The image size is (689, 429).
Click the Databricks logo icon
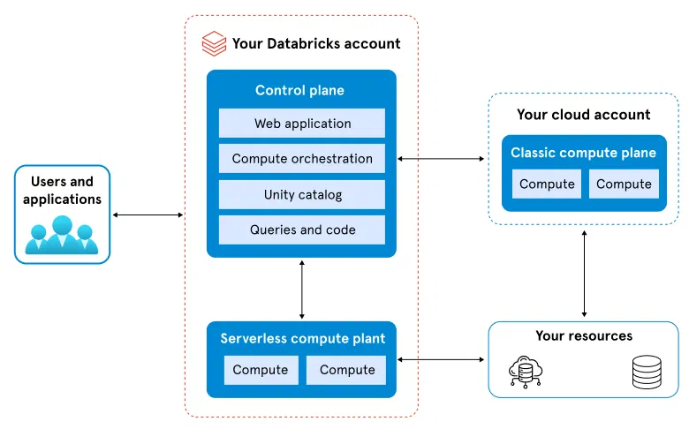click(214, 43)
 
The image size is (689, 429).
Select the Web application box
click(302, 124)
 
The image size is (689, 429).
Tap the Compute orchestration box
click(302, 159)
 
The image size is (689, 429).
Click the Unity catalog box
click(302, 194)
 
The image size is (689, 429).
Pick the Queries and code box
click(302, 230)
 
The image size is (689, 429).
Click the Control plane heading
click(299, 90)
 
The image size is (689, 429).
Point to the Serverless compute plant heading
click(302, 338)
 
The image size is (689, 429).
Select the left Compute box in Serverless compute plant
click(261, 370)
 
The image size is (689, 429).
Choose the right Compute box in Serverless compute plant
click(346, 370)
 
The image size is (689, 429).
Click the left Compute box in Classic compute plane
click(547, 184)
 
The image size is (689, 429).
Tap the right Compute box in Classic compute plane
click(624, 184)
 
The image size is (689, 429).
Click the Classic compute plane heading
click(583, 153)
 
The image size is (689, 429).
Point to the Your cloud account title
click(583, 115)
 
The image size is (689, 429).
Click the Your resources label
click(584, 335)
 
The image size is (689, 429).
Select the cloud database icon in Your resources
click(527, 373)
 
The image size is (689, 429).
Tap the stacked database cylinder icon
click(645, 373)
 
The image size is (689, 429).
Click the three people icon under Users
click(61, 237)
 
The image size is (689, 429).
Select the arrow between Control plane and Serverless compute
click(302, 289)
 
